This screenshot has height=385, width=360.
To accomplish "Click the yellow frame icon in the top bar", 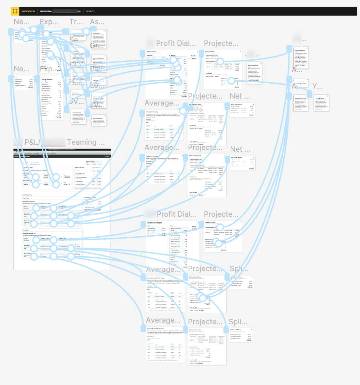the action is [x=15, y=11].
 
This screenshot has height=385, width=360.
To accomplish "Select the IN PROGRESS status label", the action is [x=28, y=11].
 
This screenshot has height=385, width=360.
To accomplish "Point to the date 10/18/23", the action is [x=90, y=11].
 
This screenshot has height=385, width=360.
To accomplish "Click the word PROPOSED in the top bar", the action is [x=45, y=11].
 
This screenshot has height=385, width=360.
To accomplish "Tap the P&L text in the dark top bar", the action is [x=79, y=11].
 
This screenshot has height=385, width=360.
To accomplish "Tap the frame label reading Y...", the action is [x=317, y=87].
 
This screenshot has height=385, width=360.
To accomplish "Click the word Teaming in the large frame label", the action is [x=82, y=142].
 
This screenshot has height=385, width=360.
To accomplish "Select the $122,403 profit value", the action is [x=66, y=177].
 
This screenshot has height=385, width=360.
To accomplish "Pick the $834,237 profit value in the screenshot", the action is [x=66, y=184].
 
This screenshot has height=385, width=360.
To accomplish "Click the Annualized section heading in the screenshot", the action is [x=26, y=230].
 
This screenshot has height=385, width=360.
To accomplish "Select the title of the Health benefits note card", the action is [x=76, y=93].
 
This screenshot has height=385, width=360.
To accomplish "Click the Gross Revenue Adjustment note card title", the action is [x=98, y=58].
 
